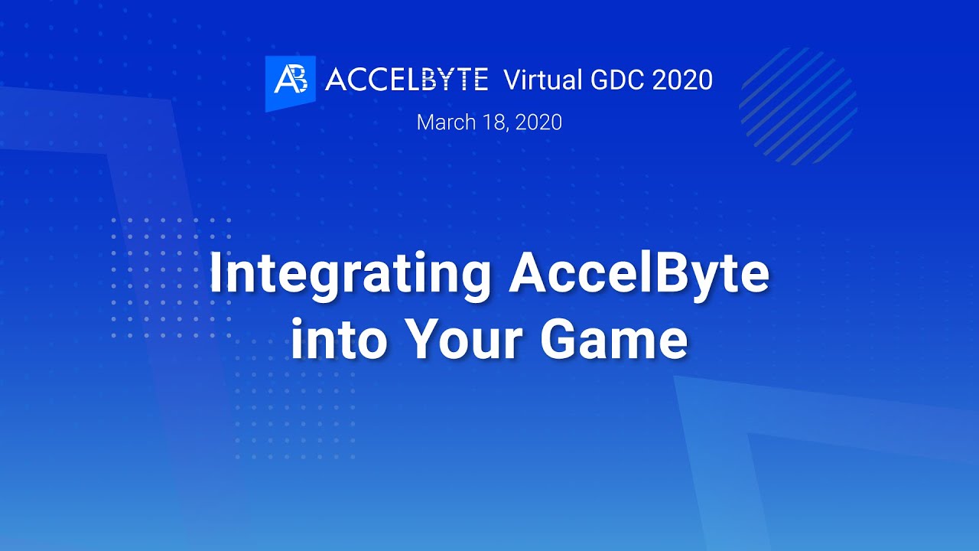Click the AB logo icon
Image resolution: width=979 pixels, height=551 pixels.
(x=291, y=81)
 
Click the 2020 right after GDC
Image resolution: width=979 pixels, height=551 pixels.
(x=682, y=80)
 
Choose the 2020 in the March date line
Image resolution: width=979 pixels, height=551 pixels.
(x=538, y=122)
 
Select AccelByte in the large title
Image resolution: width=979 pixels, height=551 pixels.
(x=639, y=273)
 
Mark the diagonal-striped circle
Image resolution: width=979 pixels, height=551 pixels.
(x=798, y=106)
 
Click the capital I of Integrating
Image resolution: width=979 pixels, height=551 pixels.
(x=216, y=273)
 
